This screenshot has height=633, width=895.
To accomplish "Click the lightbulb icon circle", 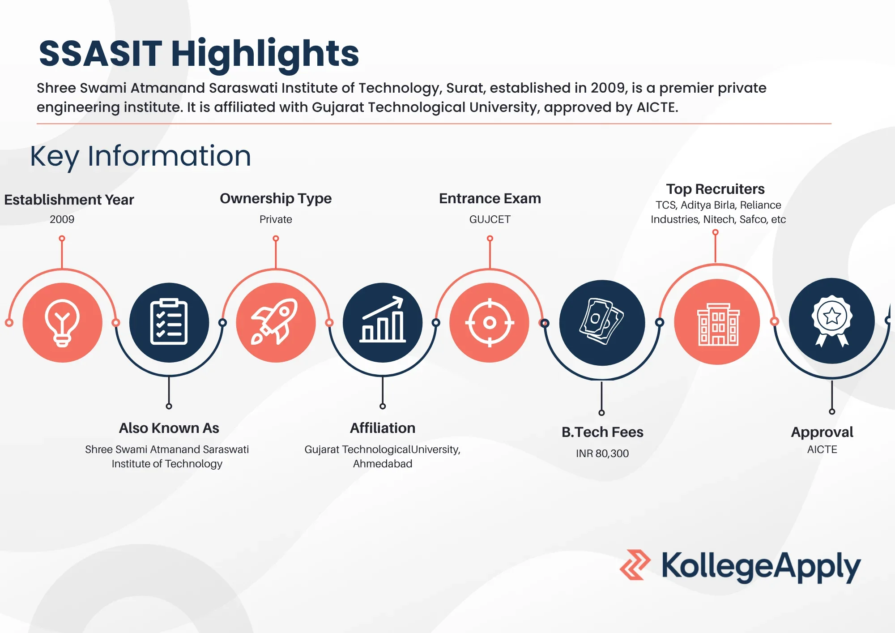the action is (x=62, y=322).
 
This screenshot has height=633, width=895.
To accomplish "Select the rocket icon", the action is (x=275, y=321).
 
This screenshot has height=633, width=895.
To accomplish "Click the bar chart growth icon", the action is (x=383, y=320).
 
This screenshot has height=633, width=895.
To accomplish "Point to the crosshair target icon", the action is (x=490, y=322).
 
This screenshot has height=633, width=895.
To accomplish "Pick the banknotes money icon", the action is (x=602, y=321).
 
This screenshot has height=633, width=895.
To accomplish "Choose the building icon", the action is (x=718, y=324).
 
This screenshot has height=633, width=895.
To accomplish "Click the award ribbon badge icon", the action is (x=832, y=321).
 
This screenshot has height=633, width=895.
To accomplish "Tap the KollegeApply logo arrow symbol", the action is (x=635, y=565).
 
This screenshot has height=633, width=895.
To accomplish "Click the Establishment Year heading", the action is (x=69, y=200).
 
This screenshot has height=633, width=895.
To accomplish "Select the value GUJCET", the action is (x=490, y=219).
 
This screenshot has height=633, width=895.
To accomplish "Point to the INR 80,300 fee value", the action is (x=602, y=453).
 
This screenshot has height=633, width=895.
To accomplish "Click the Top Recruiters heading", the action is (x=715, y=189).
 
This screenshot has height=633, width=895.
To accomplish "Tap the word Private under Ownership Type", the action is (x=276, y=219).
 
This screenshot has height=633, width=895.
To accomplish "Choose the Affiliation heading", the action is (x=383, y=428).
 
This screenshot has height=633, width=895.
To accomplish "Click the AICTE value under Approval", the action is (x=822, y=449).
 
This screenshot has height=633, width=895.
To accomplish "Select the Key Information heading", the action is (x=141, y=156).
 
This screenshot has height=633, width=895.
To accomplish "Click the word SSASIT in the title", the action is (x=100, y=54).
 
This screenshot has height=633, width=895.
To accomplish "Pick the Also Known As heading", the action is (x=169, y=428).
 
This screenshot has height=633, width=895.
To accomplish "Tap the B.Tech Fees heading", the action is (x=602, y=432).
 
